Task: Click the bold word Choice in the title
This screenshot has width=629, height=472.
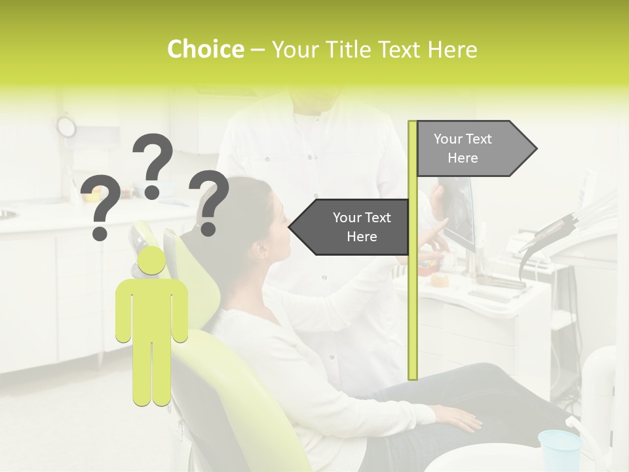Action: coord(205,49)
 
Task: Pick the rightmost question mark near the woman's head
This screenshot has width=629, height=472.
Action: coord(209,202)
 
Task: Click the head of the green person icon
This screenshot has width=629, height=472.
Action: coord(152,261)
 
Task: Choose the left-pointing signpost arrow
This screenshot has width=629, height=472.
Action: coord(350,227)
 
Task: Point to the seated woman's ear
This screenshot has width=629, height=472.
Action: coord(261,250)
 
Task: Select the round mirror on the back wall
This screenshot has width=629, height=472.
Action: coord(66,126)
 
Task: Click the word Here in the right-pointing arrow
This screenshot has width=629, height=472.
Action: coord(463,158)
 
